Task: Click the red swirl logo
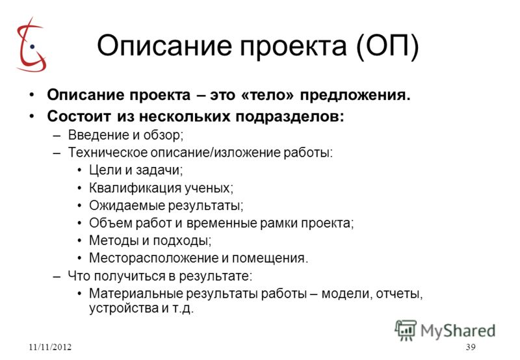tap(31, 45)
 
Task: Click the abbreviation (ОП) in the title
tap(387, 45)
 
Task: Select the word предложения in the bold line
tap(355, 96)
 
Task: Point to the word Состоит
tap(79, 116)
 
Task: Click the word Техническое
tap(108, 153)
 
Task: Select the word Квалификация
tap(135, 188)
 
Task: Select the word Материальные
tap(135, 294)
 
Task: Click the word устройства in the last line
tap(123, 309)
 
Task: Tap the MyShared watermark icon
tap(406, 330)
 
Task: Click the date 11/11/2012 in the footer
tap(50, 347)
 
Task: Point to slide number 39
tap(471, 347)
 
